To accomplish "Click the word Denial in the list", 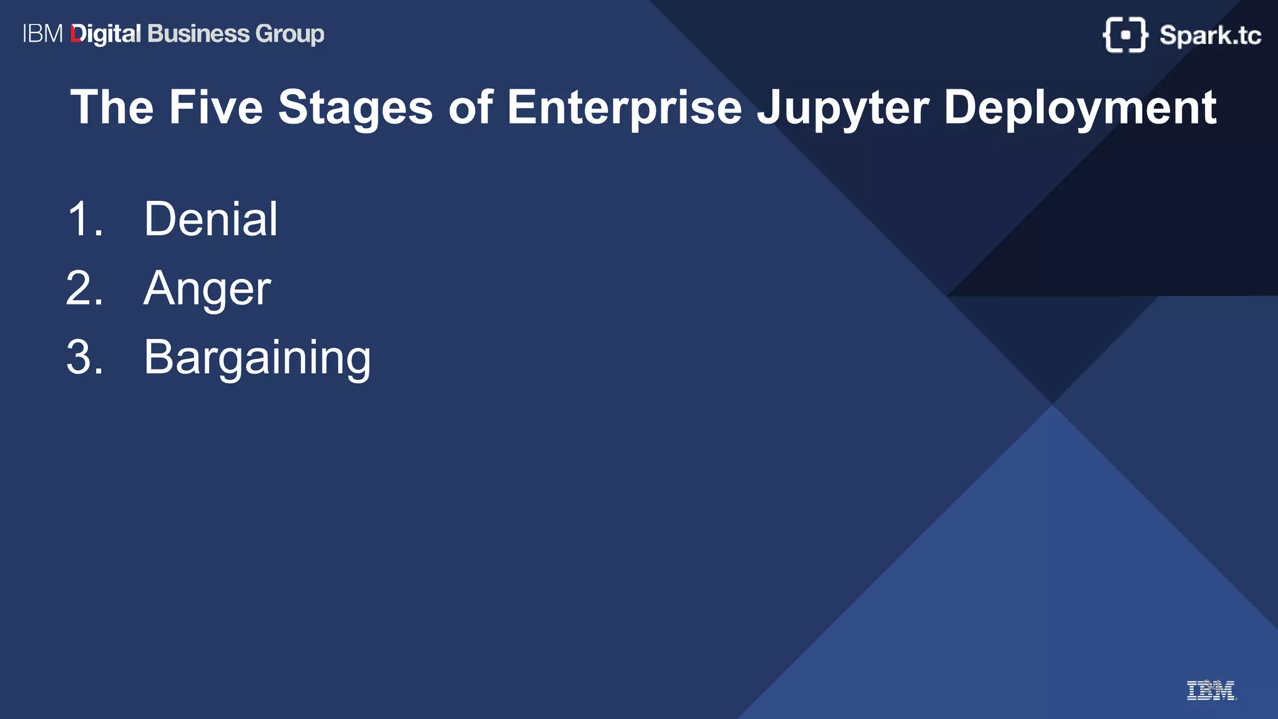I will click(210, 219).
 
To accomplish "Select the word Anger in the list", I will click(207, 289).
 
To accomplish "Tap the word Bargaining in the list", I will click(257, 358).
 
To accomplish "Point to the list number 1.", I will click(84, 219).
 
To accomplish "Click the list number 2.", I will click(84, 288).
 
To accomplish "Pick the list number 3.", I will click(84, 358).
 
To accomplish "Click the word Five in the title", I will click(216, 107).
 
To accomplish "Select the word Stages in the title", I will click(355, 107).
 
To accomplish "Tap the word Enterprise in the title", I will click(624, 107).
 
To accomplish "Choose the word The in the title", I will click(112, 107).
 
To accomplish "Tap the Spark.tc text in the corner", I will click(1210, 36).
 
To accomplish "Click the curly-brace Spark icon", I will click(1125, 35).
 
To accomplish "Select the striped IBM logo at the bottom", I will click(1211, 690).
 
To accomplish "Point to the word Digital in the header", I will click(106, 34).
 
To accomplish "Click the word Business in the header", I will click(198, 34).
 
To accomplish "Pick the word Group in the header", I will click(290, 34).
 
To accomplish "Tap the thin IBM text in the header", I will click(43, 34).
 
